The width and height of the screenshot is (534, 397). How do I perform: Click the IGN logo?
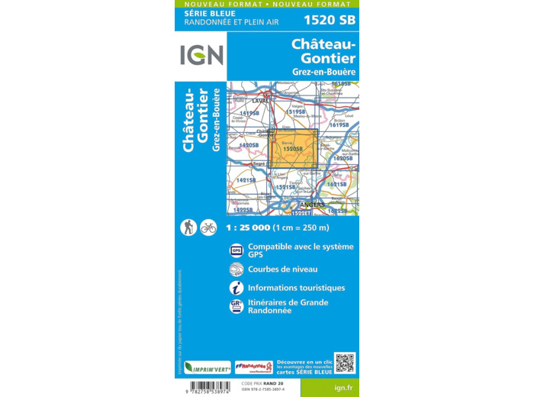click(x=201, y=55)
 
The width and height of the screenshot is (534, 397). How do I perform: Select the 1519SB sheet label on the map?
click(x=295, y=112)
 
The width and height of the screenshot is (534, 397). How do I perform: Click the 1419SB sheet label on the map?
click(x=249, y=113)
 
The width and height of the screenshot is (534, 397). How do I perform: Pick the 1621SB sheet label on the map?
click(x=336, y=184)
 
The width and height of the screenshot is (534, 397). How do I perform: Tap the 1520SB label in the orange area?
click(x=293, y=149)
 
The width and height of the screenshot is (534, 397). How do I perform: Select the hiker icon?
click(x=188, y=227)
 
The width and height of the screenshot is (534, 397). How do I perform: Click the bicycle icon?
click(x=208, y=227)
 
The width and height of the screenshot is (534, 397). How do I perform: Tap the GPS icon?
click(x=236, y=250)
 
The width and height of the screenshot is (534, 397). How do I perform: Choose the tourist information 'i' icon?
click(x=236, y=288)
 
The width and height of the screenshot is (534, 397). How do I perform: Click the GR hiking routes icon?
click(x=236, y=306)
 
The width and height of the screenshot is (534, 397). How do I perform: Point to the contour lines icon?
click(x=236, y=269)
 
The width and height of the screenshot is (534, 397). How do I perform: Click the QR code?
click(x=345, y=363)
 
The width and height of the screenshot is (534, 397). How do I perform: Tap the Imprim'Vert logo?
click(x=207, y=367)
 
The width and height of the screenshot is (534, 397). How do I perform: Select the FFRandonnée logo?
click(x=254, y=367)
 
